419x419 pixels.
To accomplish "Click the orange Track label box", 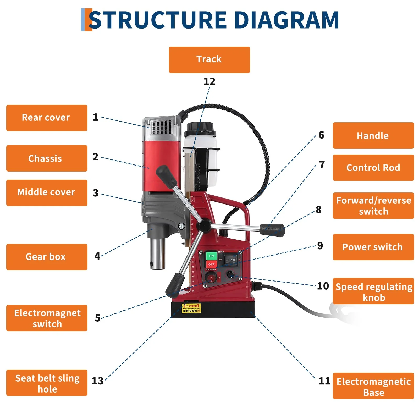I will click(209, 60).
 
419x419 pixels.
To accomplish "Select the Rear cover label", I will click(47, 118).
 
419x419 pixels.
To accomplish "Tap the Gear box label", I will click(47, 257).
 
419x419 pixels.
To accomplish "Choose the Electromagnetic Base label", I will click(373, 386).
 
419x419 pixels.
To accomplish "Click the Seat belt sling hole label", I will click(47, 383).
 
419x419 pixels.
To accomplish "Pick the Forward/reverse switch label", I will click(373, 206).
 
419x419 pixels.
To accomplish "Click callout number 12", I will click(209, 81).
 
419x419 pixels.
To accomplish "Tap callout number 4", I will click(97, 256).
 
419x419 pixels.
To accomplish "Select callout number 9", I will click(320, 246).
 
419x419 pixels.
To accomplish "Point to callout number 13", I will click(97, 381).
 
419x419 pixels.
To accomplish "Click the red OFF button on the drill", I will click(211, 264).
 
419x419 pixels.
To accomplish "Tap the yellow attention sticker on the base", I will click(191, 308).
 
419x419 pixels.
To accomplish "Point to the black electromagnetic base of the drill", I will click(213, 310).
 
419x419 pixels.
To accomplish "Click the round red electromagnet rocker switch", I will click(211, 278).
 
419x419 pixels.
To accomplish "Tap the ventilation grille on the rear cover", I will click(162, 127).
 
